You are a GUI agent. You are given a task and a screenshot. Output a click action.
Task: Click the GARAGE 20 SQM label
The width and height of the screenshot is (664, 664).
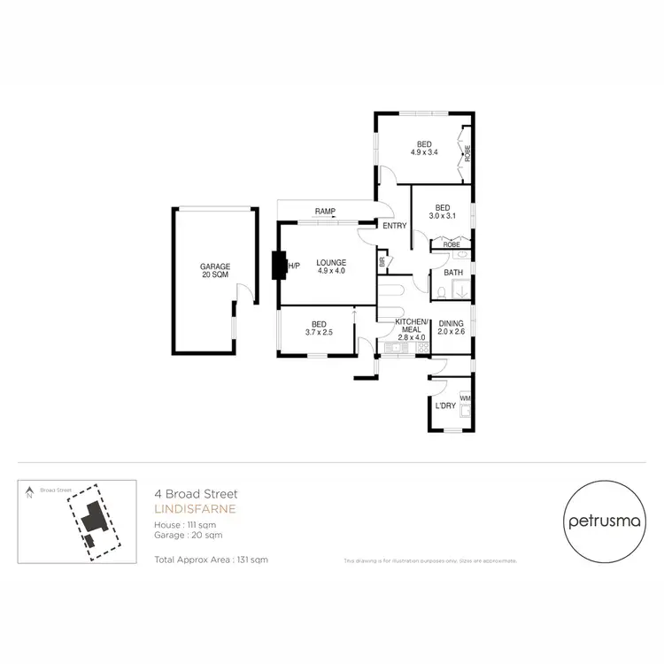[215, 271]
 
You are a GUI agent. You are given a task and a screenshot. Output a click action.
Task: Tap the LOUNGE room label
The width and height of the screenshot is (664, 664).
[331, 266]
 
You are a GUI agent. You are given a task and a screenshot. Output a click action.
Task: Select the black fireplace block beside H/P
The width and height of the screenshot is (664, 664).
[279, 265]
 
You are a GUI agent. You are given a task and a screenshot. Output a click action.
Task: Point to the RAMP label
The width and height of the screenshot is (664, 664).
[324, 211]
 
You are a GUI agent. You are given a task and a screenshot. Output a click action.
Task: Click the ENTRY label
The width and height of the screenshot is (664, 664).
[394, 226]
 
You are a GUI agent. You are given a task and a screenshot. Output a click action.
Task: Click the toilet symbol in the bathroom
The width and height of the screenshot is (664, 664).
[441, 291]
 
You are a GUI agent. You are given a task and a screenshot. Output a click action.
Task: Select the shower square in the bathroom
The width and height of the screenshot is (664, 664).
[461, 290]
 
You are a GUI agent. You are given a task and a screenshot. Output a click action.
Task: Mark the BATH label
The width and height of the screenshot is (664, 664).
[453, 273]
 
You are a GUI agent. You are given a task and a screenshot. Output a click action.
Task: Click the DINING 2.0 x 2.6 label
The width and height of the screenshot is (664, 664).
[452, 328]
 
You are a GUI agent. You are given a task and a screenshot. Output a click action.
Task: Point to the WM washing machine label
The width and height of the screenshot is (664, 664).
[464, 398]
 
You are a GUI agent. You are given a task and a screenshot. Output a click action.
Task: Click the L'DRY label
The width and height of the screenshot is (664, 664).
[444, 406]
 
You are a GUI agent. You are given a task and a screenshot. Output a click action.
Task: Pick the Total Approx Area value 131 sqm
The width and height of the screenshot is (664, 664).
[249, 560]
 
